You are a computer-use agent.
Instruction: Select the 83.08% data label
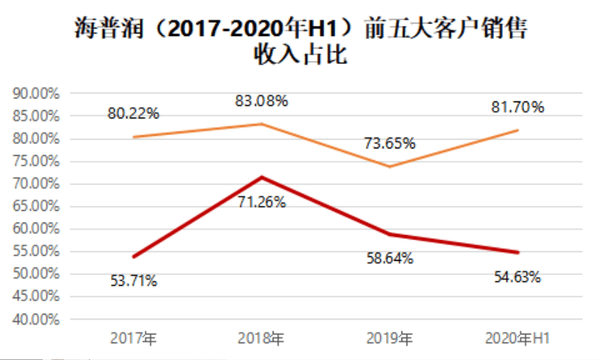click(262, 101)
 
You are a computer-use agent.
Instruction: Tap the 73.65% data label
click(390, 143)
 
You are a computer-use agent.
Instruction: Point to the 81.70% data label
click(518, 107)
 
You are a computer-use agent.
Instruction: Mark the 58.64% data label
click(389, 258)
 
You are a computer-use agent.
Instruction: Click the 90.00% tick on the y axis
click(36, 94)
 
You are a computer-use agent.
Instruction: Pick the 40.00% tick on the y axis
click(36, 320)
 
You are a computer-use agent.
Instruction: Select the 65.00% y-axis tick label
click(36, 206)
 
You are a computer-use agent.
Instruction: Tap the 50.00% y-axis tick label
click(36, 274)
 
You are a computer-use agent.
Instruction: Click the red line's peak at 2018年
click(261, 177)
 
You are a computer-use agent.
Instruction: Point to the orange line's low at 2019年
click(389, 166)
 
